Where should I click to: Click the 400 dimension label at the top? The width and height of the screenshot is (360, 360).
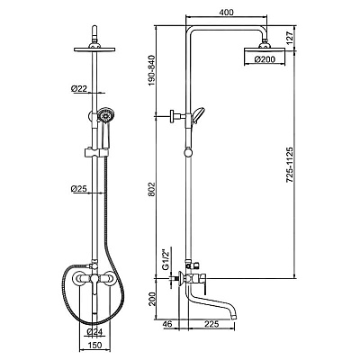[x=226, y=13]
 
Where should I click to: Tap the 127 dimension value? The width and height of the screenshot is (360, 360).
[x=289, y=38]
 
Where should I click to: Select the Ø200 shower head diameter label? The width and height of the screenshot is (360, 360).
[x=265, y=59]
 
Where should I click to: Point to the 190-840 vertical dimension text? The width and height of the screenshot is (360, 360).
[x=151, y=70]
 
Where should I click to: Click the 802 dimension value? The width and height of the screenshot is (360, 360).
[x=151, y=189]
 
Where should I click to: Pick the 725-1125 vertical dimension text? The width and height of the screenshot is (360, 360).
[x=289, y=165]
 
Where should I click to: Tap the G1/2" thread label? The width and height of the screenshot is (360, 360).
[x=166, y=259]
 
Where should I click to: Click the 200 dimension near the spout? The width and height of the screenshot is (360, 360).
[x=151, y=299]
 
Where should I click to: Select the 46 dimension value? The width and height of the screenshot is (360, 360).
[x=167, y=324]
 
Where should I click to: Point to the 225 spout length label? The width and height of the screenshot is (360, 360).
[x=211, y=324]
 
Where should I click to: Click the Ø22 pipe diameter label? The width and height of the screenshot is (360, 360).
[x=79, y=88]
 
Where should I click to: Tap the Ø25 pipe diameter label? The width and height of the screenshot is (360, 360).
[x=79, y=189]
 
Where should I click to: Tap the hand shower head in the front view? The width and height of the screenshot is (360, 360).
[x=105, y=115]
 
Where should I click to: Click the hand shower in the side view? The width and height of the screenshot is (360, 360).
[x=198, y=115]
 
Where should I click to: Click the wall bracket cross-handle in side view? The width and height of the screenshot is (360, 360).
[x=173, y=115]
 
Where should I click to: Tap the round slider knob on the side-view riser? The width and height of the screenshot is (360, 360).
[x=188, y=152]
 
